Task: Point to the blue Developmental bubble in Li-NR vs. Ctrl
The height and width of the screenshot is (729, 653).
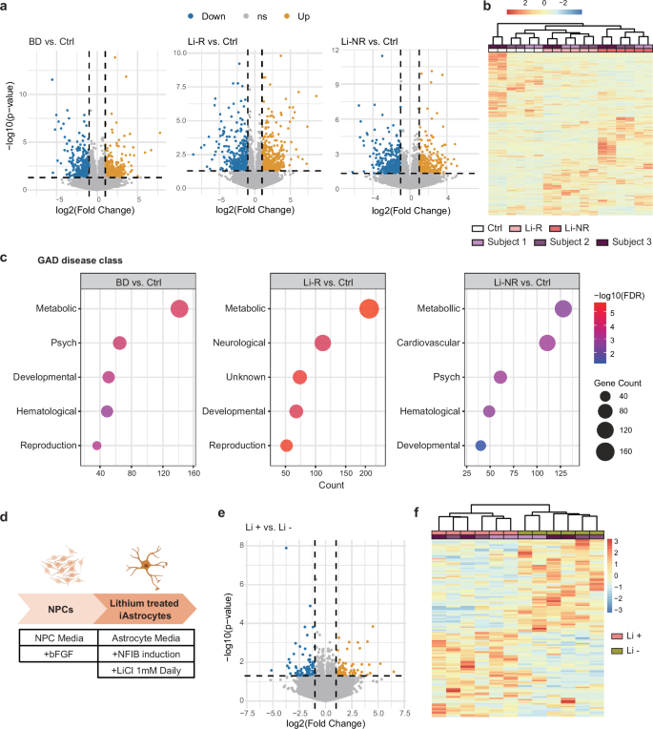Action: click(x=480, y=446)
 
